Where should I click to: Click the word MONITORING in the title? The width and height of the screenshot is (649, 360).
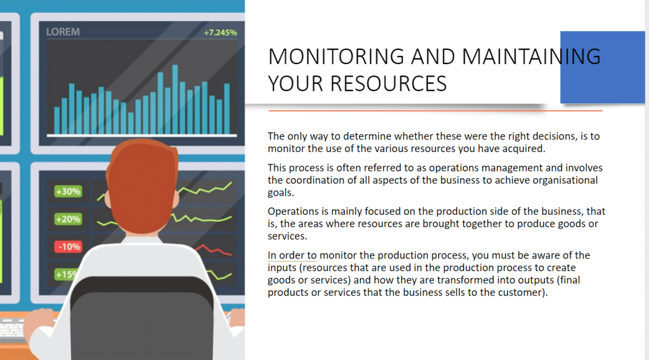[336, 56]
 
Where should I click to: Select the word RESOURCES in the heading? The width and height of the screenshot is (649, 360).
[389, 84]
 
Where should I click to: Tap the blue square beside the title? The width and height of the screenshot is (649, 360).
[602, 67]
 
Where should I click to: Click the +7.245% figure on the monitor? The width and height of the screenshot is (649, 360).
[220, 33]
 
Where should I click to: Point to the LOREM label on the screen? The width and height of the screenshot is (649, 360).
[63, 32]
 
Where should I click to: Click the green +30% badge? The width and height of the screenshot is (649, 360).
[68, 191]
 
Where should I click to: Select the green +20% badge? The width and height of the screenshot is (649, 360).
[68, 219]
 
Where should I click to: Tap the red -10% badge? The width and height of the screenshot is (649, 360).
[68, 247]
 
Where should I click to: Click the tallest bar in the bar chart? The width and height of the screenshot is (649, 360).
[175, 100]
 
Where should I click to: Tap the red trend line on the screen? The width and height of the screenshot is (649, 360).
[213, 250]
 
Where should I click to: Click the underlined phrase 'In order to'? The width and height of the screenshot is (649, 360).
[292, 255]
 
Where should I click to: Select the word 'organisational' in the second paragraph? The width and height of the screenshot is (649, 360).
[565, 181]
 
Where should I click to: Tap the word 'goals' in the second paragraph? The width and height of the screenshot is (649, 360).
[280, 193]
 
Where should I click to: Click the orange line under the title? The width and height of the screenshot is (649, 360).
[435, 111]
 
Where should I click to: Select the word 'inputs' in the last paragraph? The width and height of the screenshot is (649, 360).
[282, 267]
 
